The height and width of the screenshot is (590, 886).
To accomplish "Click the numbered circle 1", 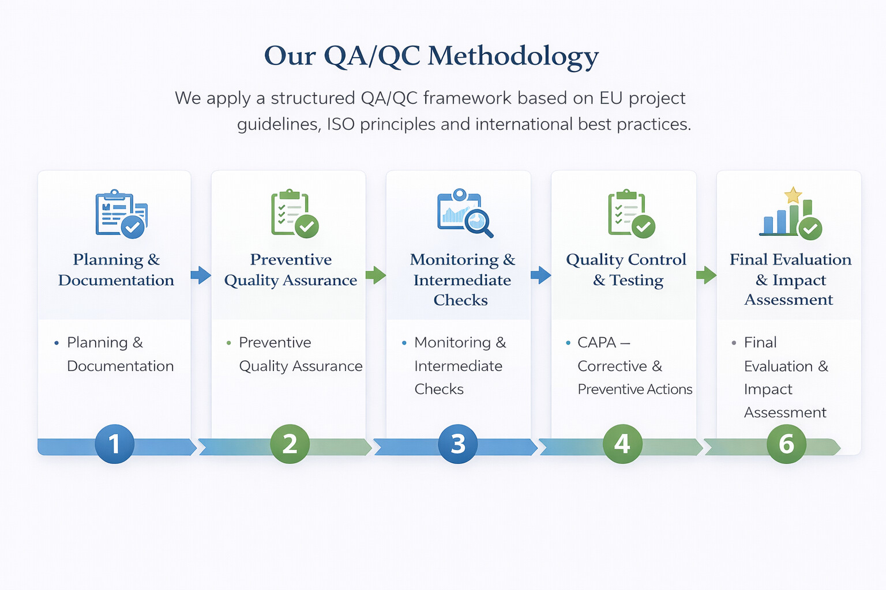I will click(114, 444).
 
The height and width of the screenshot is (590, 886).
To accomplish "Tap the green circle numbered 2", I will click(290, 444).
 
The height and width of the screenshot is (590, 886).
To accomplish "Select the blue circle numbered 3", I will click(457, 444).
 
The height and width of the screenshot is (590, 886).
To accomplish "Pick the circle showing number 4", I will click(622, 444).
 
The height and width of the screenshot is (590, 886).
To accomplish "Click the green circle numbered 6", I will click(786, 444).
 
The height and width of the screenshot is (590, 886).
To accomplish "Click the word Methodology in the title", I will click(513, 56).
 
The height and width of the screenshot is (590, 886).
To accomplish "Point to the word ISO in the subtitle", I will click(340, 124).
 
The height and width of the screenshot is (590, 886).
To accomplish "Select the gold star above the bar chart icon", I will click(793, 195).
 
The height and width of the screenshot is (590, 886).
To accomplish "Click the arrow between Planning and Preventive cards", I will click(201, 275).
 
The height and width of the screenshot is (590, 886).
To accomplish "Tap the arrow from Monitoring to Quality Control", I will click(540, 275).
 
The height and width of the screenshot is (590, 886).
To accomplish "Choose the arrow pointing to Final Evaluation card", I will click(706, 275).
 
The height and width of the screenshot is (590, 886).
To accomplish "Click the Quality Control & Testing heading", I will click(626, 270).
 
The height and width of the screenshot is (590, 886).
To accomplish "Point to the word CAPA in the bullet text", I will click(596, 342).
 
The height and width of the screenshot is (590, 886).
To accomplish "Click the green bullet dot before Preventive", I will click(229, 343).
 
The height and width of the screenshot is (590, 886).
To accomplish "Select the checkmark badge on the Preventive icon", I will click(307, 226).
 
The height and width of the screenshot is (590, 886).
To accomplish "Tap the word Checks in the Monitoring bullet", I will click(439, 389).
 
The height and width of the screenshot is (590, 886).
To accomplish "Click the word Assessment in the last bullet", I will click(785, 413).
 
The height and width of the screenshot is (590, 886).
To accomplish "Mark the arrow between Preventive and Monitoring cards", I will click(376, 275).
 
